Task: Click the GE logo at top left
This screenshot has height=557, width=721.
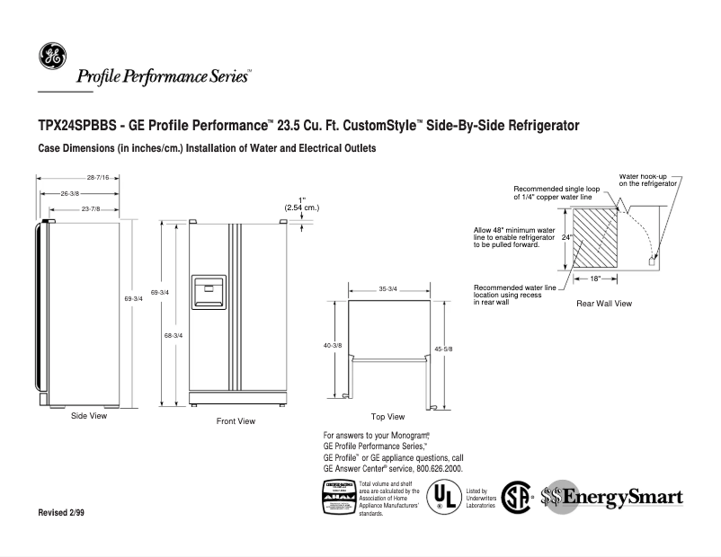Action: tap(50, 57)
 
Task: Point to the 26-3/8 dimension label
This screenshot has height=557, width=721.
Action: tap(69, 193)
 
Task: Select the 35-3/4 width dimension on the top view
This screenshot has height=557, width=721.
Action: tap(388, 289)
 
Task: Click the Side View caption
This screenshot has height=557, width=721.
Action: tap(89, 416)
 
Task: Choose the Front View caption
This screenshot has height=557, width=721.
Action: tap(236, 420)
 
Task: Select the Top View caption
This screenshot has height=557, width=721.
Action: tap(387, 417)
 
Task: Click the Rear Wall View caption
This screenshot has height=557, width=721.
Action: tap(603, 304)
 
